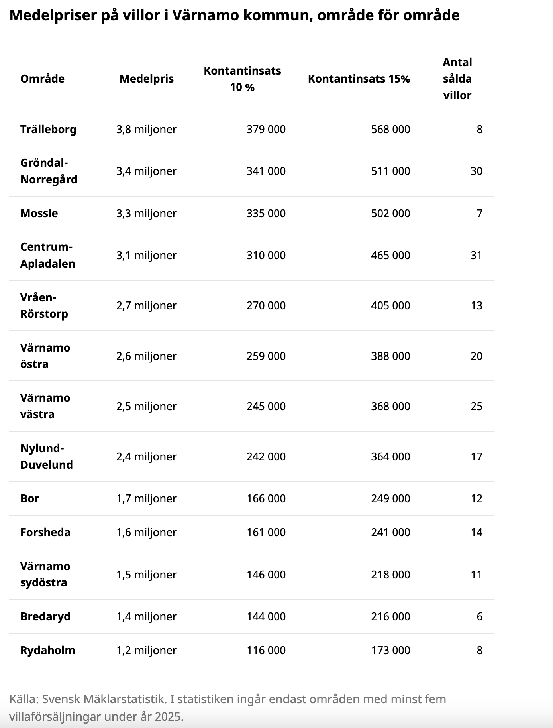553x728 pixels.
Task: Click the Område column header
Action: tap(42, 79)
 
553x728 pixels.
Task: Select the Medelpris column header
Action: tap(147, 79)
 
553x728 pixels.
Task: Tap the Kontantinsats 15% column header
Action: tap(359, 79)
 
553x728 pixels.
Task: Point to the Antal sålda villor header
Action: tap(457, 79)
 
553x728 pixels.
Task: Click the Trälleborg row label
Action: tap(48, 129)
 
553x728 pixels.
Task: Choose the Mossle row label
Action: tap(39, 213)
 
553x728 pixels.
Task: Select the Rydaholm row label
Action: tap(47, 650)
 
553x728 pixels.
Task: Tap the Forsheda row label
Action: tap(45, 532)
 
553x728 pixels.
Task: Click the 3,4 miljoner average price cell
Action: tap(146, 171)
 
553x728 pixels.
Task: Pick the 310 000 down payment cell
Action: tap(266, 255)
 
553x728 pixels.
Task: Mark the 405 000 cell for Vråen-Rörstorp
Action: tap(390, 305)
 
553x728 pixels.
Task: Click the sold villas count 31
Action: tap(476, 255)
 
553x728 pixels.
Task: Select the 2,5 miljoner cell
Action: tap(146, 406)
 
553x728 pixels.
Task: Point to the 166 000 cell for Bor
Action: tap(266, 498)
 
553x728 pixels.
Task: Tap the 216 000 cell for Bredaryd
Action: tap(390, 616)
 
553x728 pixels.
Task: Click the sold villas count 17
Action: tap(476, 456)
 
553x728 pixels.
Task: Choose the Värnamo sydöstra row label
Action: tap(45, 575)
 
